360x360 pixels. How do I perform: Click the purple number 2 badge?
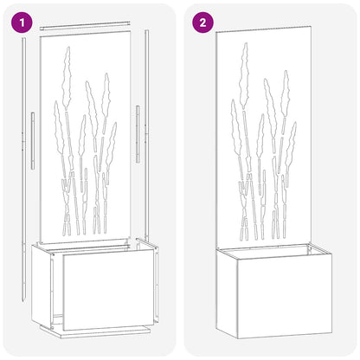[x=202, y=22]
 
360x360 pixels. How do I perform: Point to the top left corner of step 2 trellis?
[x=216, y=30]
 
